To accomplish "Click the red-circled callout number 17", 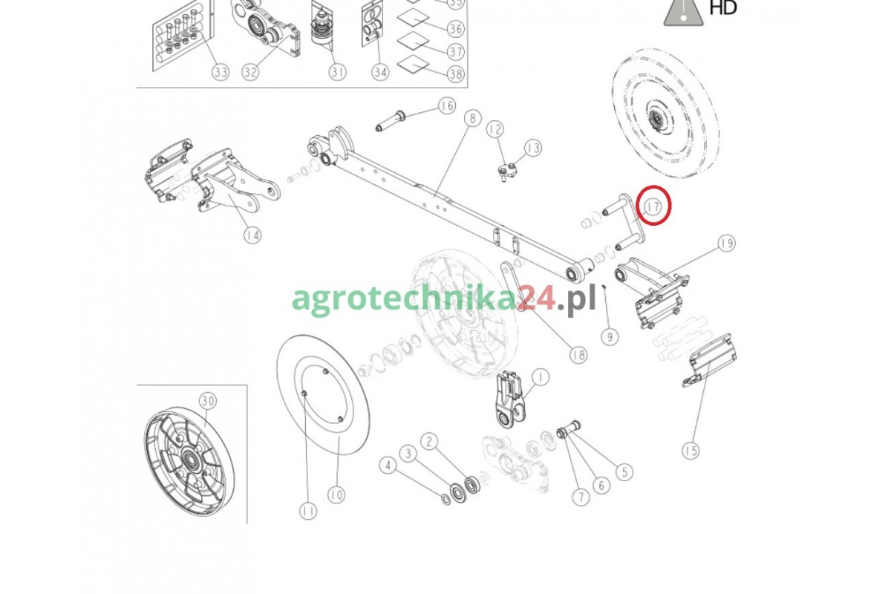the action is point(653,207).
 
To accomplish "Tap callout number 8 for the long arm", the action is point(472,119).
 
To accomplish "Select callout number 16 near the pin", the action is point(447,106).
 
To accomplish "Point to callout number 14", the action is point(252,235).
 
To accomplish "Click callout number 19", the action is point(727,243).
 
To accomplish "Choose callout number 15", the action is point(691,451).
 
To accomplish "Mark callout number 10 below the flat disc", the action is point(336,495).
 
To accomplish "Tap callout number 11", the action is point(308,512).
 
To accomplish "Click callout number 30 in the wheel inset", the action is point(208,401).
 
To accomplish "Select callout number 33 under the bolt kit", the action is point(221,72).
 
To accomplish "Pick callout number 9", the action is point(610,337).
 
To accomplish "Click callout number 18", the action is point(578,354).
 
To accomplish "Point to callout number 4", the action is point(388,465).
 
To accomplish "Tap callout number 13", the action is point(533,148).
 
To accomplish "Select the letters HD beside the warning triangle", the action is point(723,7).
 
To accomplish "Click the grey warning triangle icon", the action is point(683,13).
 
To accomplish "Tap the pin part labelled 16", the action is point(391,120).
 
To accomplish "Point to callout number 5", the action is point(624,471).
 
